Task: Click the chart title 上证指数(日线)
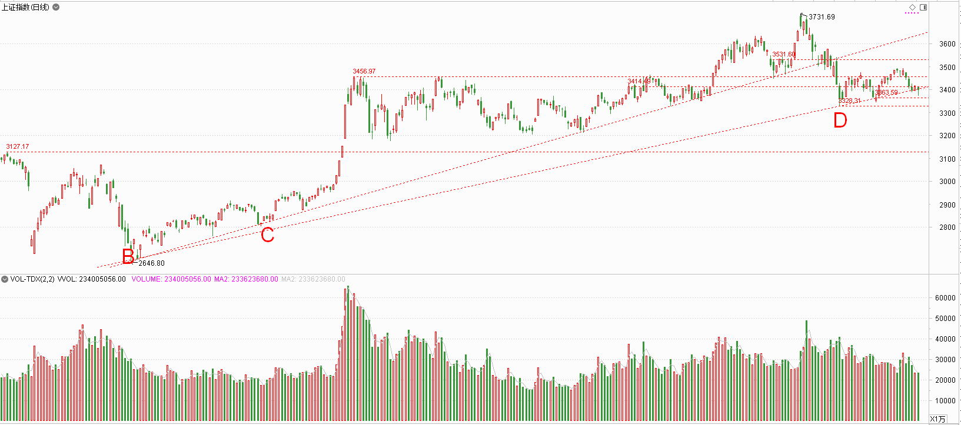pos(25,7)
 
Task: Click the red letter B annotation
pos(128,256)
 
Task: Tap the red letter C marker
pos(267,235)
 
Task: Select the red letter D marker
pos(840,120)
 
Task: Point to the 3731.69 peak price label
pos(822,17)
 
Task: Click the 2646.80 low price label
pos(151,263)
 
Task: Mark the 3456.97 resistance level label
pos(364,71)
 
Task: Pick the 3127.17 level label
pos(18,146)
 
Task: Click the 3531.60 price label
pos(784,54)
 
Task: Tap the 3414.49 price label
pos(639,81)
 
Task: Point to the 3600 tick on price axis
pos(947,44)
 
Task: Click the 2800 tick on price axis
pos(947,227)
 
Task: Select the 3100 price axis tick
pos(947,159)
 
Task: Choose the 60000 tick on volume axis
pos(945,298)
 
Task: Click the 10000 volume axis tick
pos(945,401)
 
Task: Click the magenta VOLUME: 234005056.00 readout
pos(171,279)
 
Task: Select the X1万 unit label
pos(938,419)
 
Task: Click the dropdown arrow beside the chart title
pos(56,7)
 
